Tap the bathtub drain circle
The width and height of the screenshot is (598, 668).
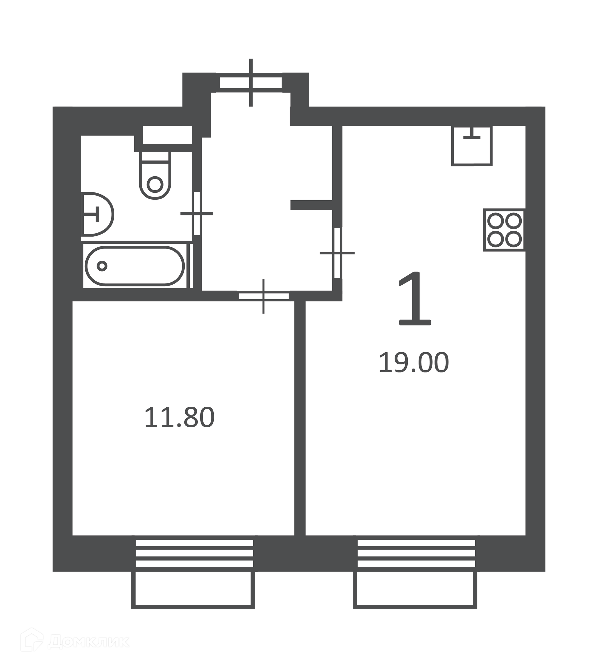102,266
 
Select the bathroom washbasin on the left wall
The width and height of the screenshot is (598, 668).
97,214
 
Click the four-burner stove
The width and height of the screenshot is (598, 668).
504,230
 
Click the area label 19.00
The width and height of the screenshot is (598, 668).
414,362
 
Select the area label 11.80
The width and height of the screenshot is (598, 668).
179,417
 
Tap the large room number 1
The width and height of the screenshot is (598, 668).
414,298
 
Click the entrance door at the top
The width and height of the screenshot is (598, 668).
251,83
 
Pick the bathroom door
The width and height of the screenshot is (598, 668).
197,214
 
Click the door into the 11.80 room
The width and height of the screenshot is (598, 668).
263,296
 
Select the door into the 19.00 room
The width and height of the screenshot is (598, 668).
337,253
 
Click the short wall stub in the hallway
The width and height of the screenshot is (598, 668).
311,205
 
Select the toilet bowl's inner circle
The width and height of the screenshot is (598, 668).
155,184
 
